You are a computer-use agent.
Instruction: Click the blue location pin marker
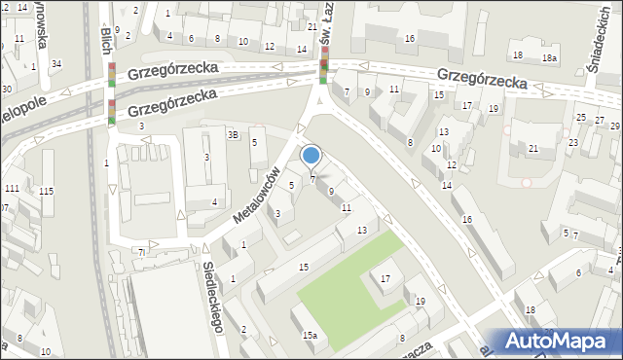click(x=311, y=156)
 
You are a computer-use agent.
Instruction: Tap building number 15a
click(x=310, y=336)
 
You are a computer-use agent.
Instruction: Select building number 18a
click(x=550, y=58)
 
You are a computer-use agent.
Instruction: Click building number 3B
click(x=233, y=135)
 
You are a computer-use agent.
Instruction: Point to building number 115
click(x=47, y=191)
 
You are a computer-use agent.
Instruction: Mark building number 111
click(x=12, y=188)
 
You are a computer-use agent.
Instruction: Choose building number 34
click(x=56, y=64)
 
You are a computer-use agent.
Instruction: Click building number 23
click(x=573, y=142)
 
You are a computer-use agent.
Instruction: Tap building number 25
click(x=581, y=118)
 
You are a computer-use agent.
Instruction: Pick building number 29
click(x=614, y=126)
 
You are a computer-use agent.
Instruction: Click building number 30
click(x=6, y=90)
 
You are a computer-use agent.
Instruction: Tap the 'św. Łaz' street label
click(x=326, y=21)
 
